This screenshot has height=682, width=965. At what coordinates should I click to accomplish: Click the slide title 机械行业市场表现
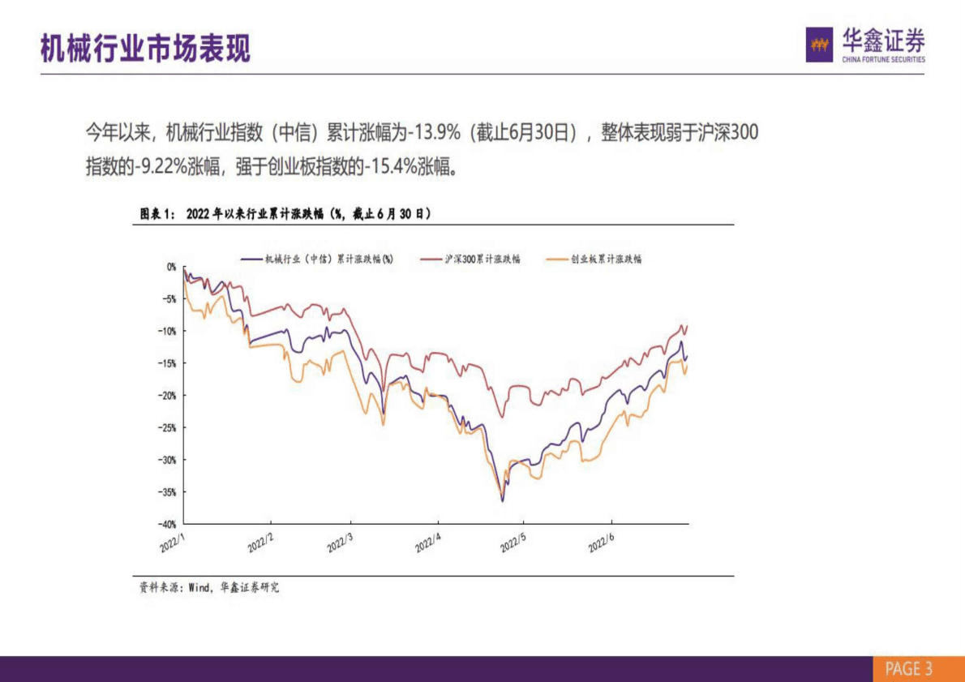[x=146, y=49]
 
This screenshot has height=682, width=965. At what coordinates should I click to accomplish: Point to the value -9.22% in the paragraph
[x=160, y=167]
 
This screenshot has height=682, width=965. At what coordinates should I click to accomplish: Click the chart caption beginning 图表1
[x=285, y=213]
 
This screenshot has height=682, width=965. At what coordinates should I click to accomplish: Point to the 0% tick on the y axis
[x=171, y=266]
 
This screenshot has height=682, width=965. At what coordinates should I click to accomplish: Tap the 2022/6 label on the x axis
[x=601, y=543]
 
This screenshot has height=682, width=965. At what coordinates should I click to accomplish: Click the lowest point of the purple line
[x=502, y=501]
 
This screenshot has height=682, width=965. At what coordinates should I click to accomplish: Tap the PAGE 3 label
[x=908, y=669]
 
